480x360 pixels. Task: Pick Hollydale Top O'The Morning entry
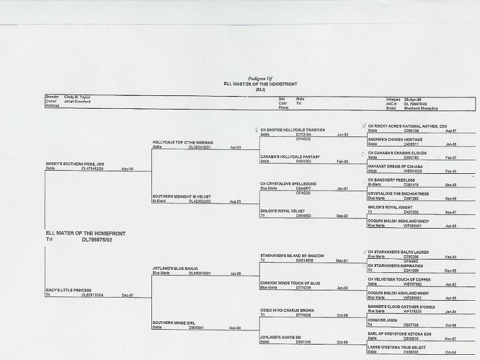[x=182, y=142]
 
